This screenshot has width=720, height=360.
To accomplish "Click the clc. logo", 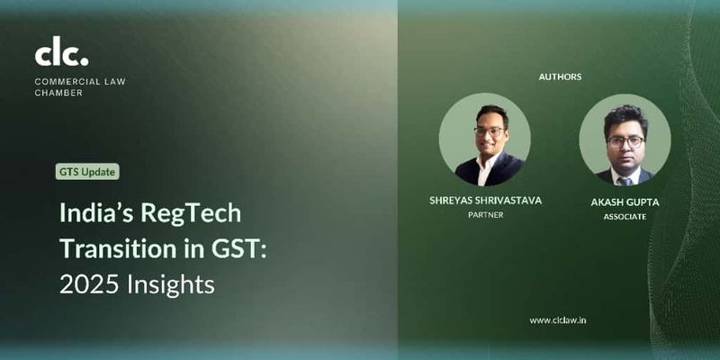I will (x=61, y=54).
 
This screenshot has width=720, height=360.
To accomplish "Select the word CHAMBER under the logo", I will (x=58, y=93).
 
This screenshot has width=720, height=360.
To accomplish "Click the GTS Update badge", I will (x=87, y=172).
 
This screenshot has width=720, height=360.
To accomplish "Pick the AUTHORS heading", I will (x=560, y=76).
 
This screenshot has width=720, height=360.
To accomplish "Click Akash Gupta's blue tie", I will (x=625, y=180).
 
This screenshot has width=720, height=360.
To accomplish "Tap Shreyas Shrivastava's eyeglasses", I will (x=489, y=131).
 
